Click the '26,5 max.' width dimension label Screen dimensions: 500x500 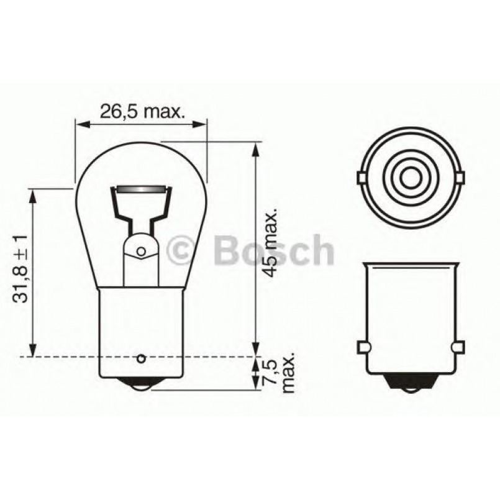(x=142, y=112)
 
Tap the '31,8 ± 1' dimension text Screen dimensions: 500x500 (x=21, y=268)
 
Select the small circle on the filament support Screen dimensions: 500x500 (x=141, y=251)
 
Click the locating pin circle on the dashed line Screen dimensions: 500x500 (x=141, y=358)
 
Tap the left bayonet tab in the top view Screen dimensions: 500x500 (x=361, y=178)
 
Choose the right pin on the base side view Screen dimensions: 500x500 (x=458, y=346)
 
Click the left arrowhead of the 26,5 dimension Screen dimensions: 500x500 (x=80, y=125)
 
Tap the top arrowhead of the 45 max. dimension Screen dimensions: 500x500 (x=255, y=147)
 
